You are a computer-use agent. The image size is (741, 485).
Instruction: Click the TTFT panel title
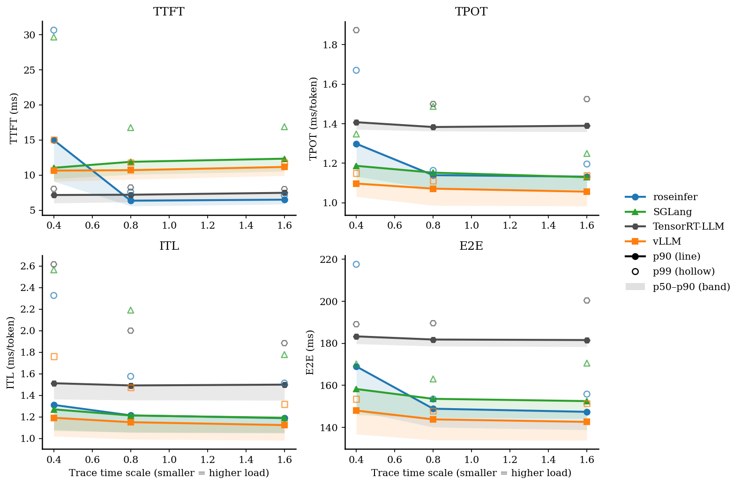pos(169,12)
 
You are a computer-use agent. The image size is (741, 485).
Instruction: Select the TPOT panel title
pos(471,12)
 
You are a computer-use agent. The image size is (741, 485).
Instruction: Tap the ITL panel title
pos(169,246)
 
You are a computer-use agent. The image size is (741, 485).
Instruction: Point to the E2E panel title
pos(471,246)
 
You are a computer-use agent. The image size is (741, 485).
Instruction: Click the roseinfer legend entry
pos(675,197)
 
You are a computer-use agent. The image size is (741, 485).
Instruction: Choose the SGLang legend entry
pos(672,212)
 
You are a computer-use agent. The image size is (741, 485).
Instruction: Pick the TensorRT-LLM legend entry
pos(688,227)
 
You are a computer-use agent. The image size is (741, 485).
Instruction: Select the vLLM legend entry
pos(666,242)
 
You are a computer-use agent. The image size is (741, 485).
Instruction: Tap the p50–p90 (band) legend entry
pos(691,287)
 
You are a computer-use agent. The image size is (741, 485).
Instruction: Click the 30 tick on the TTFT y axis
pos(30,35)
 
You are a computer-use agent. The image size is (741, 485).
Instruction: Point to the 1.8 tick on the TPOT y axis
pos(333,45)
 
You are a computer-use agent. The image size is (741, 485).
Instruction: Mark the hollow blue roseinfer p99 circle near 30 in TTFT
pos(54,30)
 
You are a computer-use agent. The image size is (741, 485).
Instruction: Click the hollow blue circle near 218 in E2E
pos(356,264)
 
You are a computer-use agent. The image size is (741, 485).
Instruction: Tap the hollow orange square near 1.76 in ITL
pos(54,357)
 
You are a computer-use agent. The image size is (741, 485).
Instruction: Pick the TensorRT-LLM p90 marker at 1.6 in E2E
pos(586,340)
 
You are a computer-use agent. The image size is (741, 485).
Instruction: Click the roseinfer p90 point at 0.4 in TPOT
pos(356,144)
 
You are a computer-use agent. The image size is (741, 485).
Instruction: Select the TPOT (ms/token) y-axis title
pos(314,119)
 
